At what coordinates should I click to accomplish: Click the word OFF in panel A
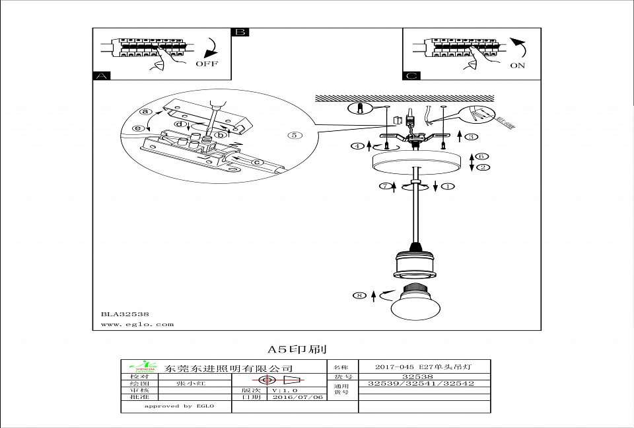tap(206, 65)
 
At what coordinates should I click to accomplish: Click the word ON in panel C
tap(518, 65)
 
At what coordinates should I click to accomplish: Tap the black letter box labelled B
tap(240, 32)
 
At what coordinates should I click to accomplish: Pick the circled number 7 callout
tap(383, 187)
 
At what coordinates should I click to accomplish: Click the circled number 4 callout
tap(357, 145)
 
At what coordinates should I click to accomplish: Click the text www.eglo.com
tap(137, 324)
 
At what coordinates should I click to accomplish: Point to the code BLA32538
tap(125, 315)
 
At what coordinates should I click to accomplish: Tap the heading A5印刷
tap(297, 349)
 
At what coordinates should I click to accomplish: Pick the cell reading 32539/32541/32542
tap(421, 383)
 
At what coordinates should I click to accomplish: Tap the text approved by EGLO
tap(177, 406)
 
